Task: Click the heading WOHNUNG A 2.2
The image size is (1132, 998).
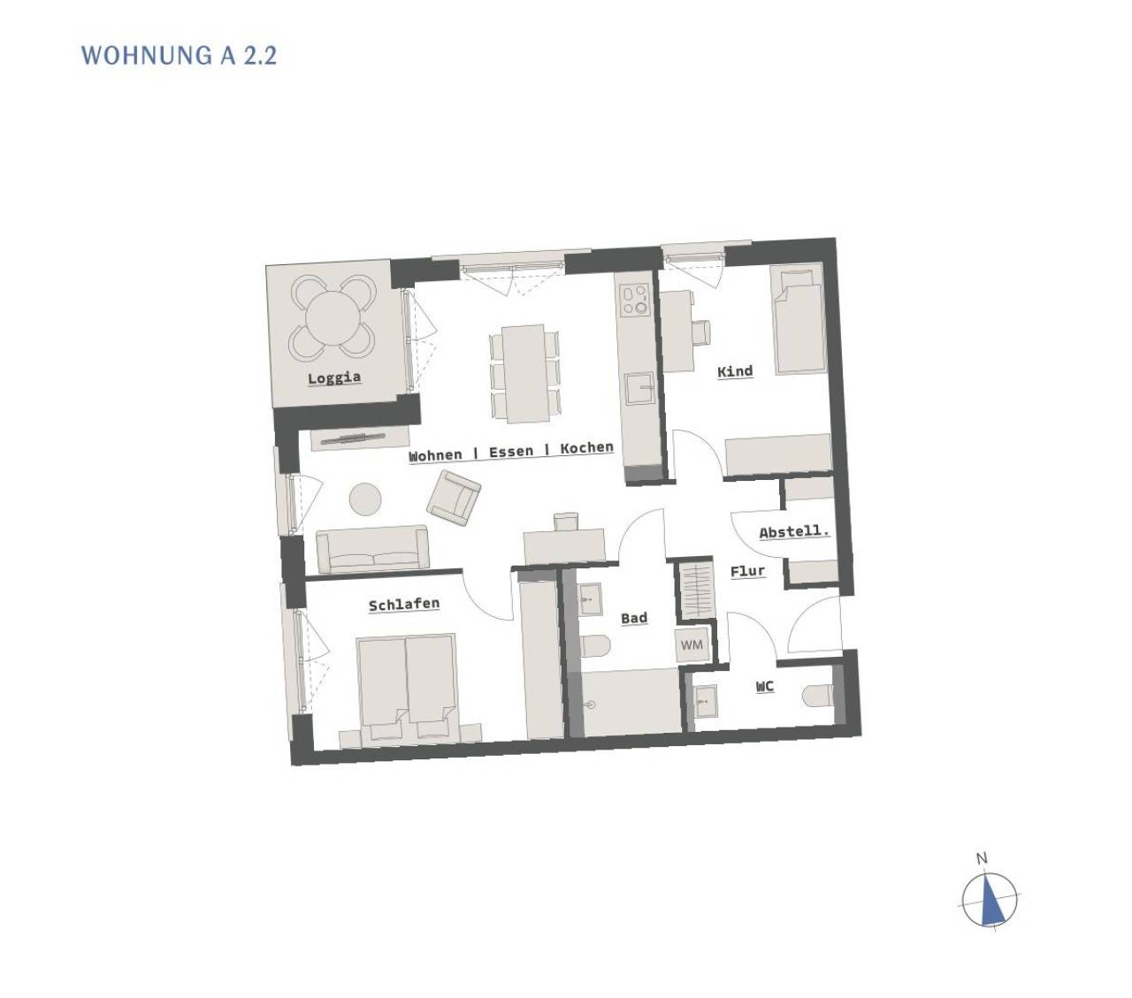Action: click(179, 56)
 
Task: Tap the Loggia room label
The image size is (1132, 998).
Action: click(334, 377)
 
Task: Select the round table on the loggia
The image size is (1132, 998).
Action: click(333, 317)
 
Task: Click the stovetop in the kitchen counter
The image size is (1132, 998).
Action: click(633, 301)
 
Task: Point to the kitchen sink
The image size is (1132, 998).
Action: click(639, 387)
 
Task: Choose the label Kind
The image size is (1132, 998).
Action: click(735, 371)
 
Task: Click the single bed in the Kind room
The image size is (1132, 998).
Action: click(798, 320)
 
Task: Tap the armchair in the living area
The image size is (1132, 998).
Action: click(454, 499)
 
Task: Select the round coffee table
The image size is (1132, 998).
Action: click(365, 499)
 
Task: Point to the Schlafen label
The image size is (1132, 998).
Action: click(404, 605)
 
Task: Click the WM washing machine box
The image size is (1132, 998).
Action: click(692, 645)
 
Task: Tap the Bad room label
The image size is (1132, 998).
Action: click(634, 618)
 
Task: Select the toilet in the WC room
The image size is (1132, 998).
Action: click(817, 697)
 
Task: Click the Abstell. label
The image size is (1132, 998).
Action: click(794, 531)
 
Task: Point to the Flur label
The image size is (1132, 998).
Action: click(747, 571)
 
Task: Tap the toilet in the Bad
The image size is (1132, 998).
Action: click(595, 645)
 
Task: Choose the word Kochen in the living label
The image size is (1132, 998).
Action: click(586, 448)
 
